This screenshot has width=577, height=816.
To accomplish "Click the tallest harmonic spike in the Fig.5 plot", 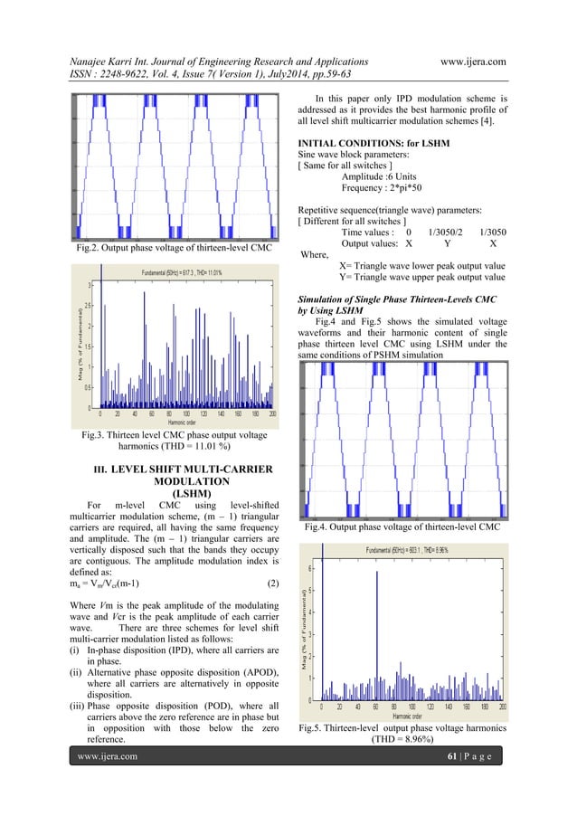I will [376, 633].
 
